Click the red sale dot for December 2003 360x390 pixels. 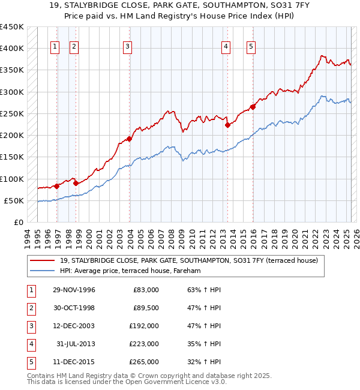coord(129,139)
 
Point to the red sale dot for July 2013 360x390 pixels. coord(227,125)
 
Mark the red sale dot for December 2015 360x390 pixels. coord(253,107)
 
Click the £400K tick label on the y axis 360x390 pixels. coord(12,49)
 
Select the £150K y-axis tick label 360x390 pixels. coord(12,157)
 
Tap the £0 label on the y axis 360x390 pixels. coord(18,223)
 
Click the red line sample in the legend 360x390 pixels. coord(43,260)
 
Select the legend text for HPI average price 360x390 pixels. coord(130,271)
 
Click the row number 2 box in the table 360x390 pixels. coord(30,308)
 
